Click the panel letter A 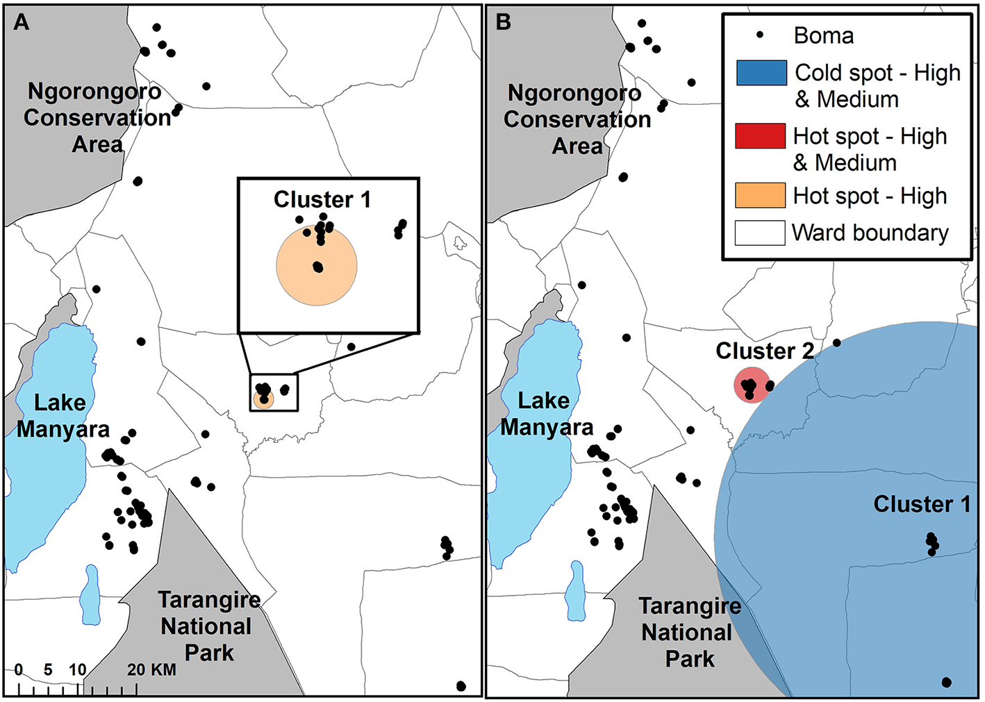(x=22, y=22)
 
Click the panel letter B (x=504, y=22)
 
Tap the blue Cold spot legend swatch (x=761, y=73)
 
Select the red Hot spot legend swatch (x=760, y=136)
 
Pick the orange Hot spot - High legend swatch (x=760, y=196)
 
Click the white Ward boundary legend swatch (x=760, y=233)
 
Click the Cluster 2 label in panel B (x=765, y=351)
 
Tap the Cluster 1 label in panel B (x=922, y=504)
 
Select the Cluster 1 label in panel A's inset (x=322, y=200)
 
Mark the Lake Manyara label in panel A (x=63, y=415)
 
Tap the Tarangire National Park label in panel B (x=689, y=632)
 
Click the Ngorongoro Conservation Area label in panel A (x=96, y=117)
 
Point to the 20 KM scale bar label (x=151, y=670)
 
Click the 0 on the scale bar (x=19, y=670)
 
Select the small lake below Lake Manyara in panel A (x=90, y=594)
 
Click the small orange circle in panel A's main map (x=264, y=400)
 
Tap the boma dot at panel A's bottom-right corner (x=461, y=686)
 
